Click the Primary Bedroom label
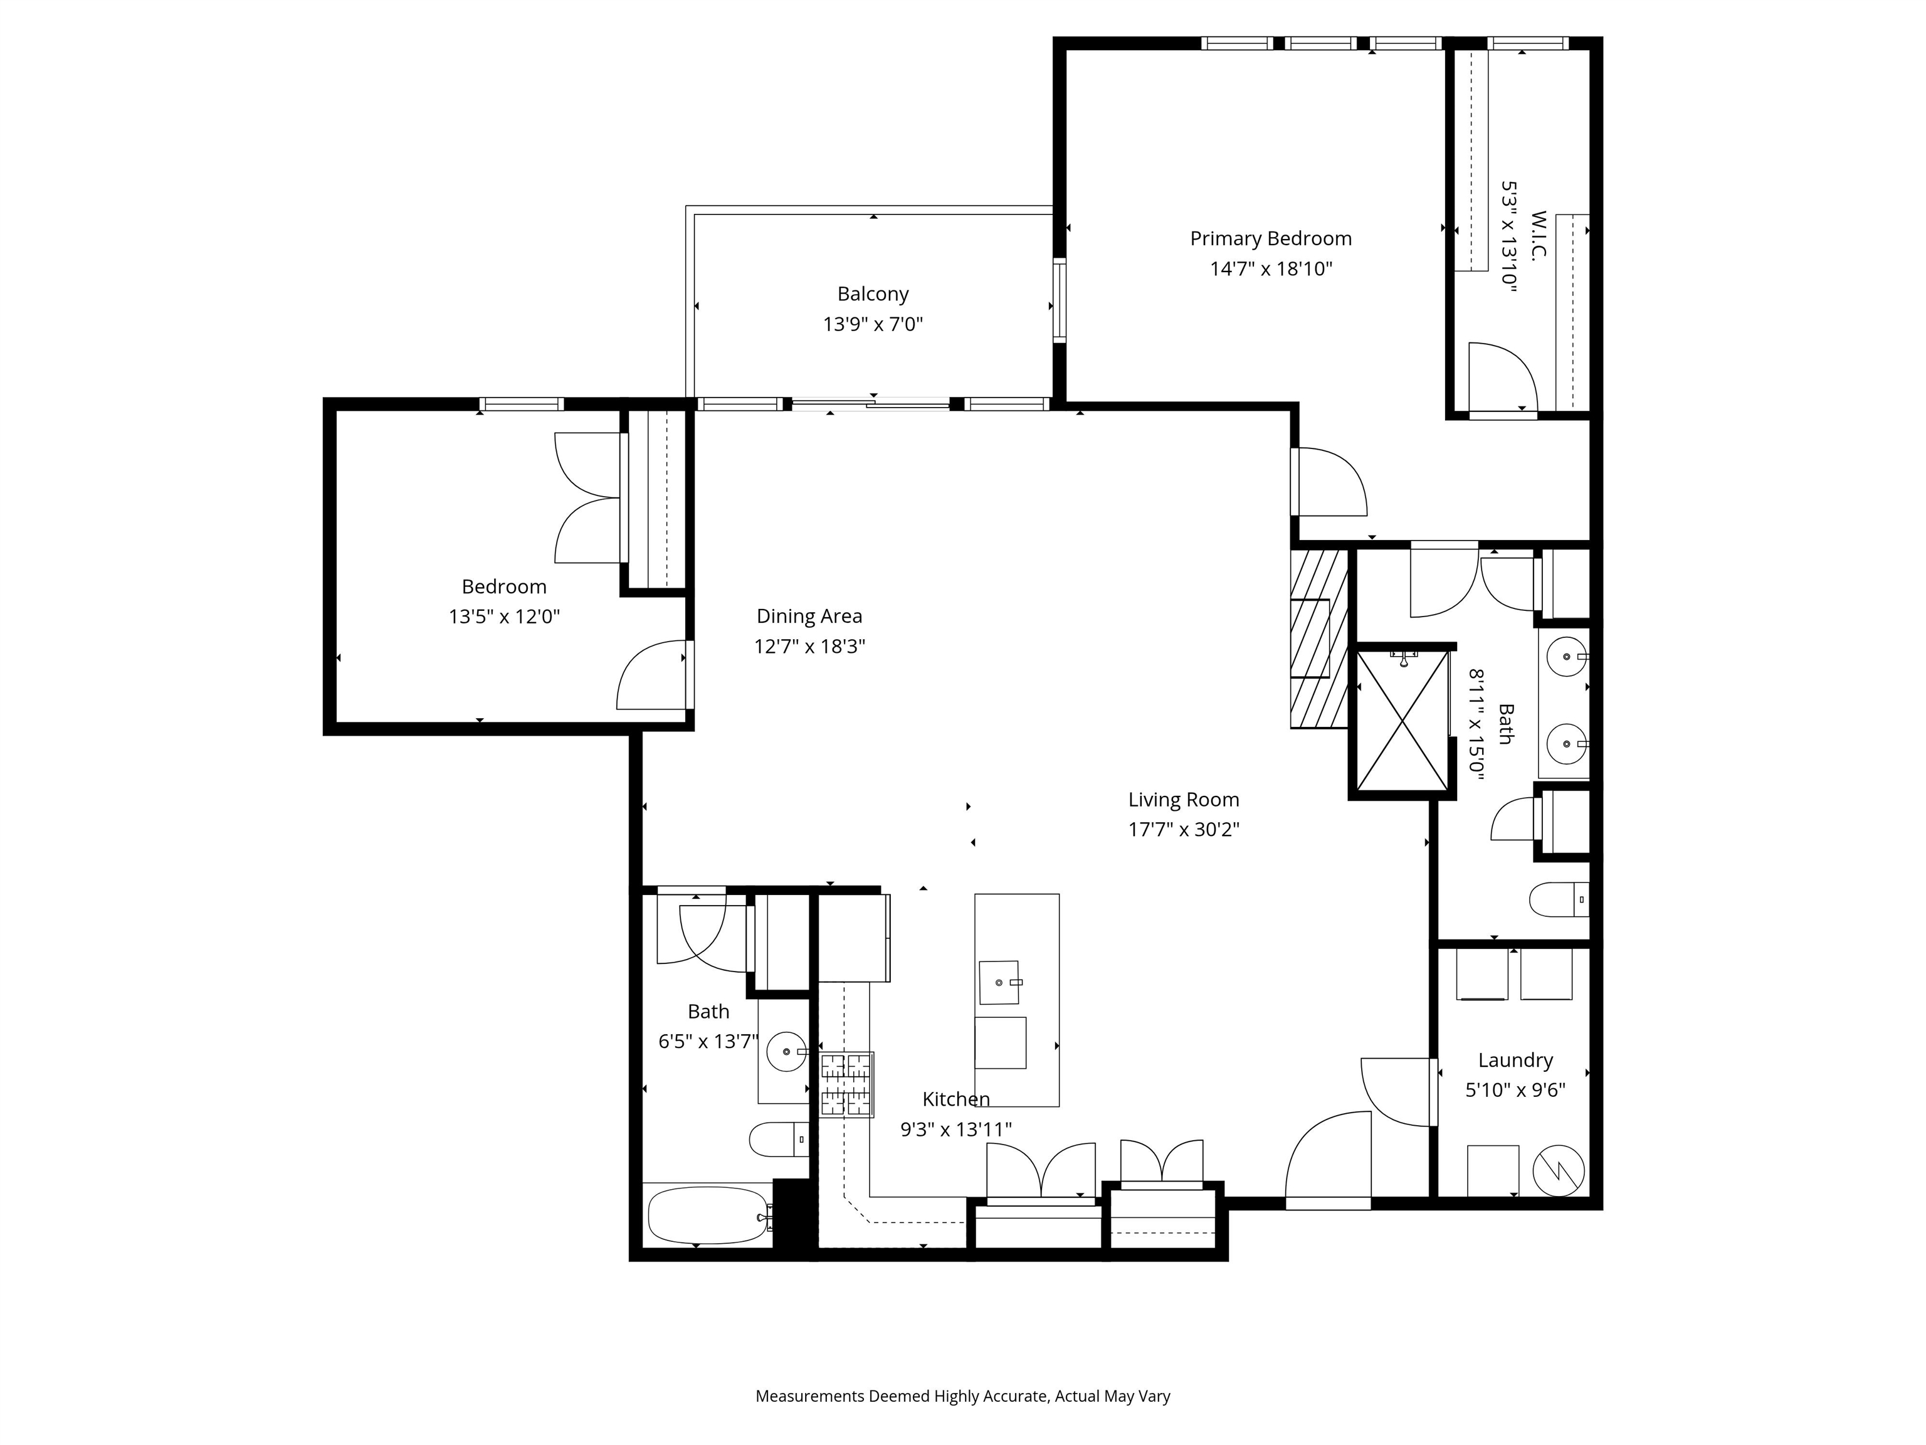click(x=1270, y=239)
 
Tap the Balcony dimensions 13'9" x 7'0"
click(x=873, y=325)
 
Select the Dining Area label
click(x=809, y=617)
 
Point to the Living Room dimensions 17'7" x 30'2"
click(x=1183, y=829)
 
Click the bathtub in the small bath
click(x=708, y=1217)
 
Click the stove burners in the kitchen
click(x=846, y=1084)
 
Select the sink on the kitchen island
click(x=999, y=983)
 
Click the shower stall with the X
click(x=1402, y=721)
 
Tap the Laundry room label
click(x=1515, y=1060)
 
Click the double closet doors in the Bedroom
click(x=589, y=498)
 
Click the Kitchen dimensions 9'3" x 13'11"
click(x=955, y=1130)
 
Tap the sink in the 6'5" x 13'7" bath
click(x=787, y=1052)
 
